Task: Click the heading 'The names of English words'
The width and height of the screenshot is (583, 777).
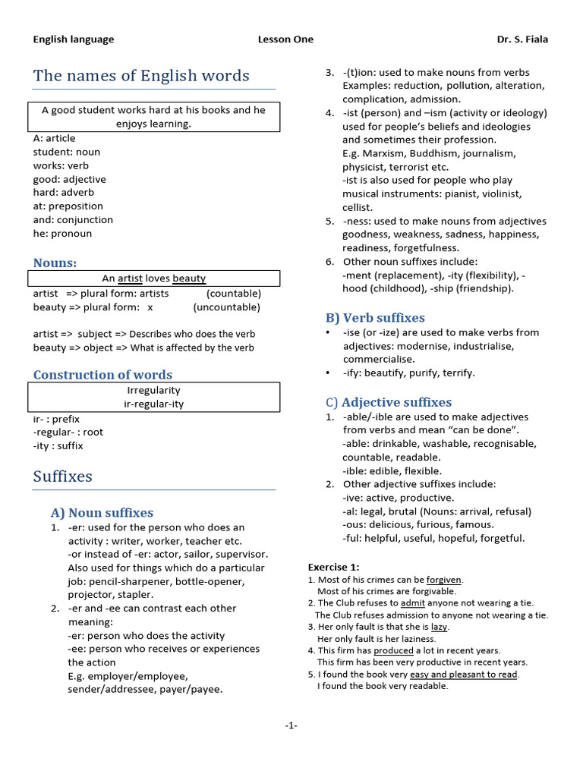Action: [x=141, y=76]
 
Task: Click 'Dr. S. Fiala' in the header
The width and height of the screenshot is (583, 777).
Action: [x=522, y=39]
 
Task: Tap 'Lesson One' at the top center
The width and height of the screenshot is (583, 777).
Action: [x=285, y=39]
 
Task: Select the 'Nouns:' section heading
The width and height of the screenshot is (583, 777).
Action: [x=55, y=263]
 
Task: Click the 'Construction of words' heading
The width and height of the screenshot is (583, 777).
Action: [x=102, y=375]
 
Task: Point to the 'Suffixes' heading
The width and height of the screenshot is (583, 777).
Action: [x=63, y=477]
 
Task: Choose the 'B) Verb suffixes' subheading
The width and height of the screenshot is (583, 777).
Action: [x=375, y=318]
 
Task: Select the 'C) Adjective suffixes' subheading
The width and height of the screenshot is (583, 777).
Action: [x=388, y=402]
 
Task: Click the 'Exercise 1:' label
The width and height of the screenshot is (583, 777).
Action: [x=333, y=567]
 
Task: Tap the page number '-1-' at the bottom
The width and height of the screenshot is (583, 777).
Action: [x=291, y=725]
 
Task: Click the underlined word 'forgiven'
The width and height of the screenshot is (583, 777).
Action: [x=444, y=580]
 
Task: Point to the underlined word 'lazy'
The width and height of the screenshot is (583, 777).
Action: [x=439, y=627]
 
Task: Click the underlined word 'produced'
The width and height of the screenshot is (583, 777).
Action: [x=394, y=650]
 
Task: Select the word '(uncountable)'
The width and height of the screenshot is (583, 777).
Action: [x=226, y=307]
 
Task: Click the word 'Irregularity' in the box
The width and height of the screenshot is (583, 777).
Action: [x=153, y=390]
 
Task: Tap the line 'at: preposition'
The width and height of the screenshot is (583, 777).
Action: [x=68, y=206]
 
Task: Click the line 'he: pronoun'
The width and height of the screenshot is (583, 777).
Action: [x=62, y=234]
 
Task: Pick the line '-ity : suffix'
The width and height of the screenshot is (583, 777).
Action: [x=58, y=446]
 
